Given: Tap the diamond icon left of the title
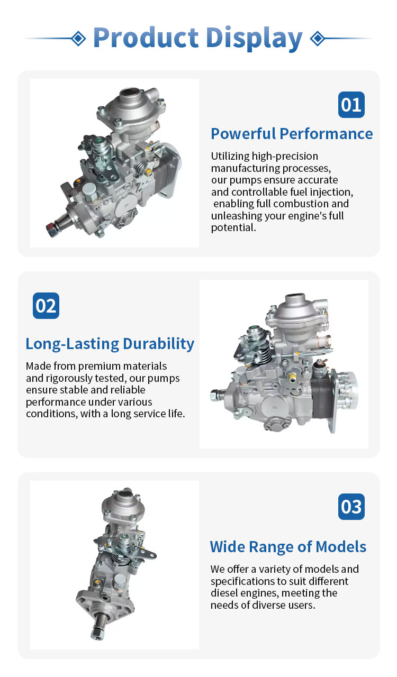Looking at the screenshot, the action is tap(79, 39).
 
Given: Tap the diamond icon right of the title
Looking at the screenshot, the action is tap(318, 39).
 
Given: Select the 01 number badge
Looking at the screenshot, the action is tap(351, 105).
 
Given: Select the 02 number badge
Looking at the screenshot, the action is tap(46, 306).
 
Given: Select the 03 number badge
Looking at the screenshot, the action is tap(351, 507).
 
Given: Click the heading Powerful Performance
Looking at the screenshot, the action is tap(292, 134).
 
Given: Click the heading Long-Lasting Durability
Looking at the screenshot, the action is tap(110, 344).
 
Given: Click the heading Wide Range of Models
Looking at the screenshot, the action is tap(288, 546).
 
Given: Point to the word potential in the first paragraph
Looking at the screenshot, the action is tap(233, 227).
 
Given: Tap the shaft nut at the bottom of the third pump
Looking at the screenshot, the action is tap(97, 634).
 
